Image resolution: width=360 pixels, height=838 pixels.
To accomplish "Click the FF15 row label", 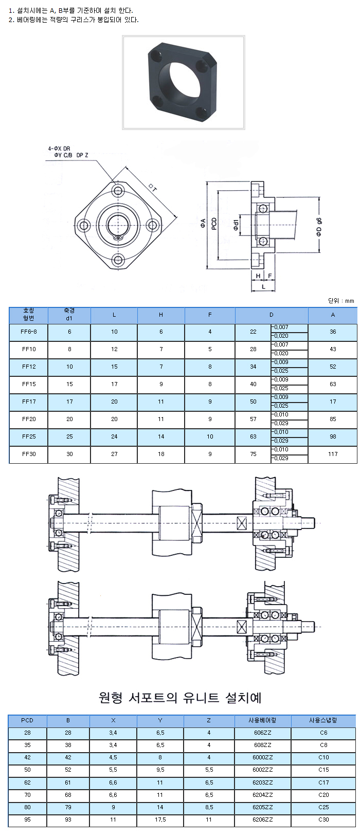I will point(29,384).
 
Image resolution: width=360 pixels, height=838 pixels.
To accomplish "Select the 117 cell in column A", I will point(333,454).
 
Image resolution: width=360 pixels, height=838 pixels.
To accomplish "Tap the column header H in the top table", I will point(161,315).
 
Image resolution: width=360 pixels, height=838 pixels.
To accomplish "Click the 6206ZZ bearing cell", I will point(263,819).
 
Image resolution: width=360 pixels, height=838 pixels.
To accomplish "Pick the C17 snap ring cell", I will point(323,782).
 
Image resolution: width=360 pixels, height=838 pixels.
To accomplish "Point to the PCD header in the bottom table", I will point(27,720).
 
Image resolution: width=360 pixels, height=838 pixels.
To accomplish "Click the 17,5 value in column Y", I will point(160,819).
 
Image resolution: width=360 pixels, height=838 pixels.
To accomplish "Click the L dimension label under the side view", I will point(264,286).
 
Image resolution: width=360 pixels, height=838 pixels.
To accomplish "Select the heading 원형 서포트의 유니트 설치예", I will point(180,698).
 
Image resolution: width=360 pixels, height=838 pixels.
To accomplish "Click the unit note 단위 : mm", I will point(341,301).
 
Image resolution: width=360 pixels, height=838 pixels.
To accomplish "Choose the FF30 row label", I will point(29,454).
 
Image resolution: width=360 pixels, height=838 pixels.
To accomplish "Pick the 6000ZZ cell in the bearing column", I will point(263,757).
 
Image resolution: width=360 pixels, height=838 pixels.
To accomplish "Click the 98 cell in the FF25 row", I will point(333,436).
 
